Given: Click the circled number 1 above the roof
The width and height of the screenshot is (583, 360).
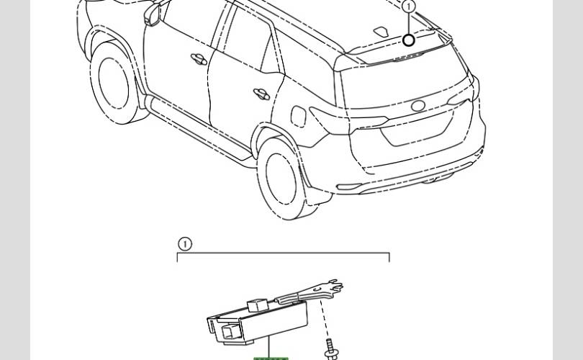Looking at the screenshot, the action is click(409, 6).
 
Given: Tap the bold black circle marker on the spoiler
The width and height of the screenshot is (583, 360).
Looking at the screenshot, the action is click(409, 40).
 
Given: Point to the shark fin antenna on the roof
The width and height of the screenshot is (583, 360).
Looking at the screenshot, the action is click(381, 32).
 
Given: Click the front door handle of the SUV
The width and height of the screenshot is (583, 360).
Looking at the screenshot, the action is click(199, 59).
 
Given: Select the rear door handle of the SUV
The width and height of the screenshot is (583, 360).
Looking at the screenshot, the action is click(261, 94).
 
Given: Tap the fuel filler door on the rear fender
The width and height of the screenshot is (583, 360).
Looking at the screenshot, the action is click(298, 116).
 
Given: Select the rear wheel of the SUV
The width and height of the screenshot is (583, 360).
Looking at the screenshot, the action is click(284, 179).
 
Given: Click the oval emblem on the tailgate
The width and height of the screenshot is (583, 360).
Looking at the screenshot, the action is click(418, 106).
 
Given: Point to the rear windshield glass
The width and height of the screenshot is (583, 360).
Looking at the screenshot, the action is click(403, 82).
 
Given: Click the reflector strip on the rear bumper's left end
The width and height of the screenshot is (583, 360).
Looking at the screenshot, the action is click(349, 186).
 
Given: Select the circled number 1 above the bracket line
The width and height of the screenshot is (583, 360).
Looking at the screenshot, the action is click(185, 244).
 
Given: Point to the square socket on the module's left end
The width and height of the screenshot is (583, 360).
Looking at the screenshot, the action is click(230, 331).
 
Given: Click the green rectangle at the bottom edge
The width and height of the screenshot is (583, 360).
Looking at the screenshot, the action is click(271, 359).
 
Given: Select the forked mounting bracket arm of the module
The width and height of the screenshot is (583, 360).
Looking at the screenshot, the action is click(310, 292).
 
